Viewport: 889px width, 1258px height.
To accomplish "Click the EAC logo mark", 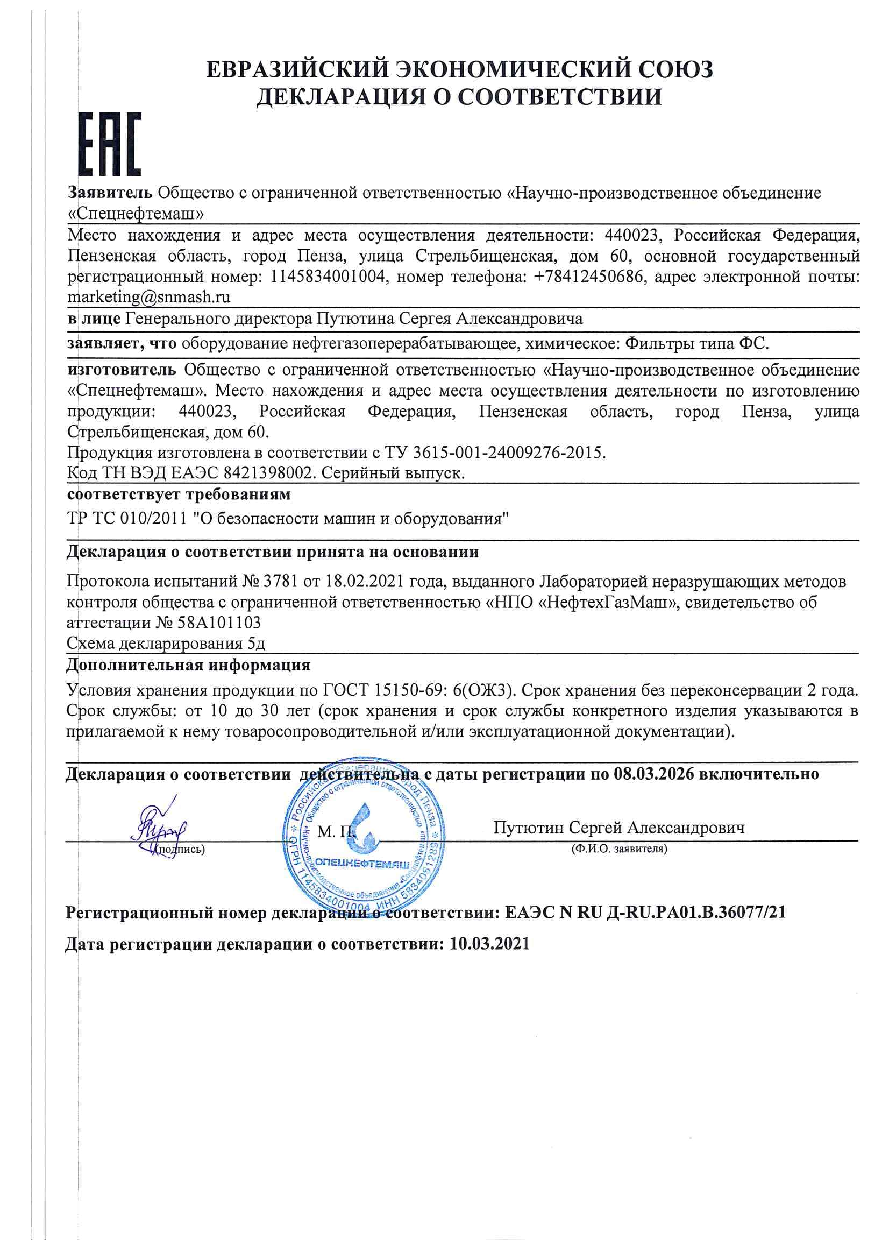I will tap(110, 144).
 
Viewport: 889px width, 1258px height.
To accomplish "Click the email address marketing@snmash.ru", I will tap(148, 297).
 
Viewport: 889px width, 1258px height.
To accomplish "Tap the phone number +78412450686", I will tap(589, 277).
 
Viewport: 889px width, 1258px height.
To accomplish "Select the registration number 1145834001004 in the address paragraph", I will tap(328, 277).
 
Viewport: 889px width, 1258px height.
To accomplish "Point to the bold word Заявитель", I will tap(110, 193).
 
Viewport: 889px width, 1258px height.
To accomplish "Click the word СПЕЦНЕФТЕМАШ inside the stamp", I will tap(362, 864).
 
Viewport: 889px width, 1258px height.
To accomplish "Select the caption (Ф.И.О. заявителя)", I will tap(618, 849).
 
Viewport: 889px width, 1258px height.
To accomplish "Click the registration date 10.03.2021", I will tap(489, 944).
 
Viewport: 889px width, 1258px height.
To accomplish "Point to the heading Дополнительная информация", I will tap(188, 665).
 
